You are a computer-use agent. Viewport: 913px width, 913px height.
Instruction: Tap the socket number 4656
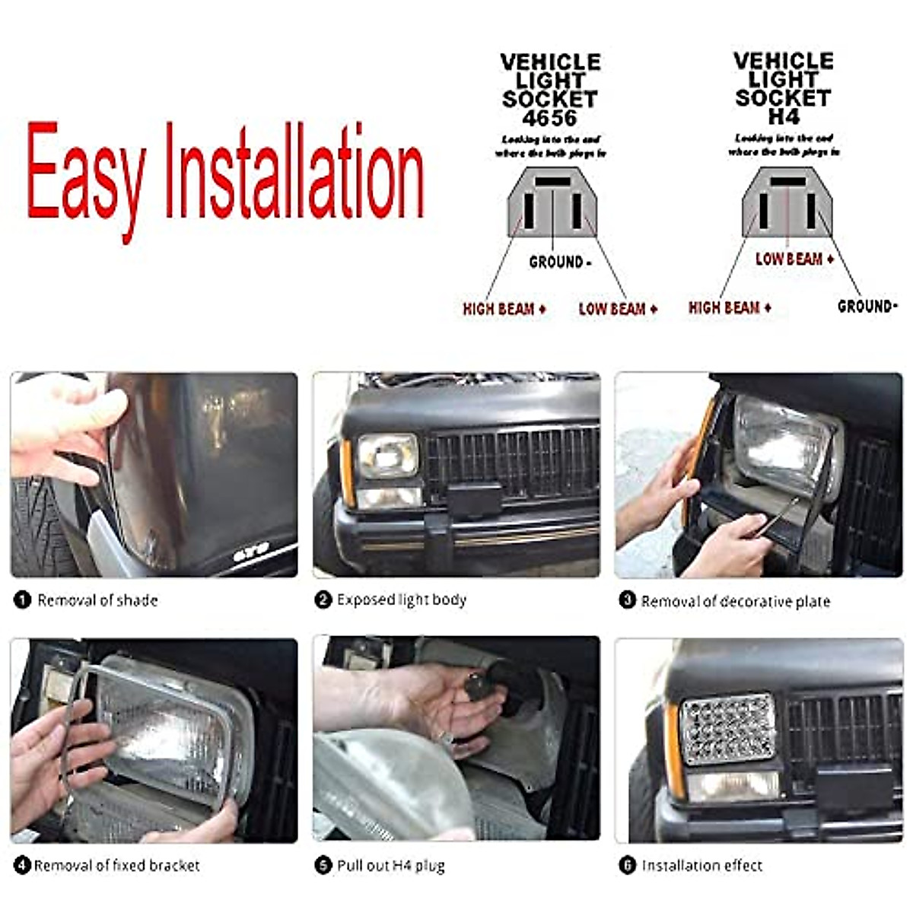coord(549,118)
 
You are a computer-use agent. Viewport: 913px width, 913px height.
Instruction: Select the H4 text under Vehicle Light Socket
coord(783,117)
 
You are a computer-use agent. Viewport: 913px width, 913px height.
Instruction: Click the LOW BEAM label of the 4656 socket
coord(617,309)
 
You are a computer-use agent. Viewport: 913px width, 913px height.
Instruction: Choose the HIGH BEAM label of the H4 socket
coord(729,307)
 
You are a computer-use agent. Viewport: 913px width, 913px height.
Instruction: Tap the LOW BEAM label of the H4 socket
coord(794,259)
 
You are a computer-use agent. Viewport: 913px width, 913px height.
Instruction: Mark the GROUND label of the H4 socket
coord(867,307)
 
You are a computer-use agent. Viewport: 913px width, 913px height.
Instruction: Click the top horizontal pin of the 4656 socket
coord(552,183)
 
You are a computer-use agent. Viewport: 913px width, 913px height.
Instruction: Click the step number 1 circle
coord(22,600)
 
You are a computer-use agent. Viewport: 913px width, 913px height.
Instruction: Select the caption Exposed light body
coord(401,600)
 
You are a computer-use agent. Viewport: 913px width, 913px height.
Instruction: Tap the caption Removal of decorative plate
coord(735,602)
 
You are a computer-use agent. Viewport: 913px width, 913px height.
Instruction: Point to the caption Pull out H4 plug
coord(390,866)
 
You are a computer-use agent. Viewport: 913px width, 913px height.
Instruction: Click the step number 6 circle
coord(627,866)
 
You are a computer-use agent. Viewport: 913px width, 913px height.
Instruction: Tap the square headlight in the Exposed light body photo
coord(388,456)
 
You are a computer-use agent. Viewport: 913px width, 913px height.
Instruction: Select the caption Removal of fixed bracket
coord(116,866)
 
